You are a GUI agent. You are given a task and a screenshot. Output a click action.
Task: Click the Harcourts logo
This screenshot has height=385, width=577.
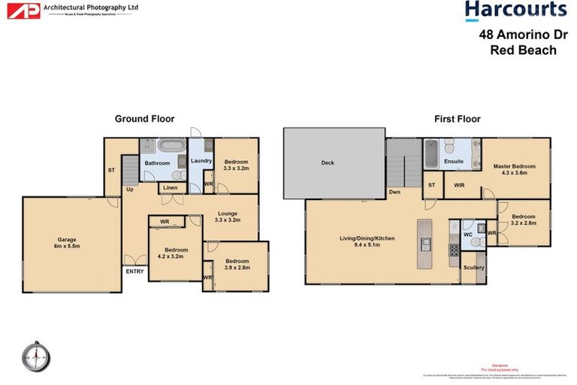(x=515, y=10)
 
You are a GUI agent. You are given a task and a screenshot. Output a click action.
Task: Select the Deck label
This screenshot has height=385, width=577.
(x=327, y=162)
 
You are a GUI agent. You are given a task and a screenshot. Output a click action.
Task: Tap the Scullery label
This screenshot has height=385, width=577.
(x=474, y=268)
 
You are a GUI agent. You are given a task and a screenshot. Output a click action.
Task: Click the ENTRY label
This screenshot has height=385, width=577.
(x=134, y=271)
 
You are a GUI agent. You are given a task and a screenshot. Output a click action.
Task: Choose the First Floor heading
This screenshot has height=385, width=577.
(x=457, y=118)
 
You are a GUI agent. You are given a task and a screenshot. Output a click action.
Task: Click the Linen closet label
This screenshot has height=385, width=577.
(x=171, y=189)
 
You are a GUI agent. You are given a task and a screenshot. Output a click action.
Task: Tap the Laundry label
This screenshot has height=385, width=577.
(x=201, y=161)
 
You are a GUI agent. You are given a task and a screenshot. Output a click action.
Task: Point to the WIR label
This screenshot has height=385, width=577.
(x=459, y=184)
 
